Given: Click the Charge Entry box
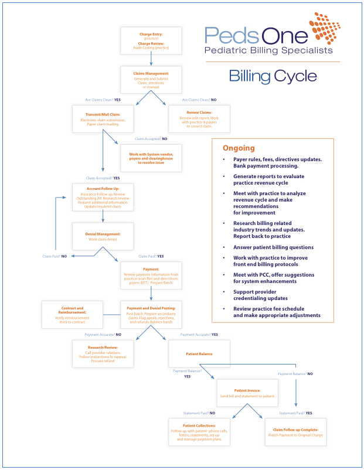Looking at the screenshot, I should point(151,40).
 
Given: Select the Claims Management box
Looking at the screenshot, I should point(151,80).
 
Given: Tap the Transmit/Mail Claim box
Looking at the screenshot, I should point(103,119).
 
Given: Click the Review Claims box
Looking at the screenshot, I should point(199,119).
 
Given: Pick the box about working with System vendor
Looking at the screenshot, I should point(151,158).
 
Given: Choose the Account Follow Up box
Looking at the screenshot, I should point(103,199).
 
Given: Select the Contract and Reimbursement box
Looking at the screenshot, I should point(72,314).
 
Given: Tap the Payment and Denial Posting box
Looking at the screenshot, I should point(151,315).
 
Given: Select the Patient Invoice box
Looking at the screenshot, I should point(247,393).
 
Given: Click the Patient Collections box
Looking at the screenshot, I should point(199,432).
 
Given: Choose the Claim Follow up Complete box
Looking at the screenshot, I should point(295,432).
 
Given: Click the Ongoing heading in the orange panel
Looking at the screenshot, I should point(239,148).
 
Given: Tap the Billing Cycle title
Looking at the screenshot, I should point(273,76).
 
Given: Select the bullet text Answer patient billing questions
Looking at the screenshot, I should point(273,247).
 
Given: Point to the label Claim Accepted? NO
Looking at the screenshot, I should point(151,139).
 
